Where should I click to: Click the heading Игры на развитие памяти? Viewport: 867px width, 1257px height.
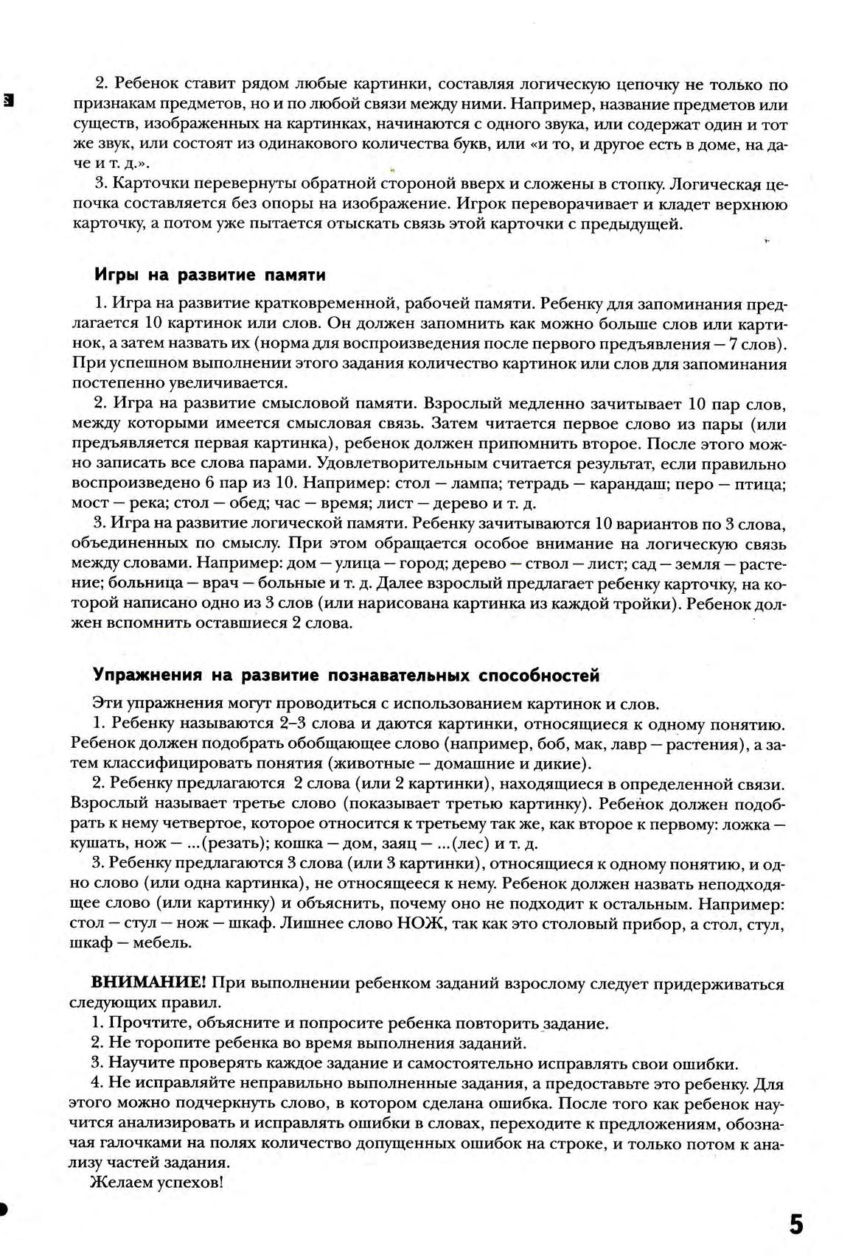click(210, 276)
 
